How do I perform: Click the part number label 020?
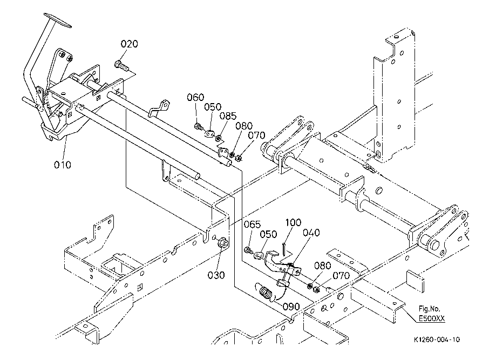point(129,44)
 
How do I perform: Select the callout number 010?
point(62,164)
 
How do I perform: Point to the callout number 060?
point(195,98)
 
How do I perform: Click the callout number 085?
point(228,116)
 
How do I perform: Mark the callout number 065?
point(252,225)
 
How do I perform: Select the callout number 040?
point(311,233)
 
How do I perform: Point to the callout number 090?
point(291,307)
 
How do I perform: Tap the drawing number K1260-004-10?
point(437,340)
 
